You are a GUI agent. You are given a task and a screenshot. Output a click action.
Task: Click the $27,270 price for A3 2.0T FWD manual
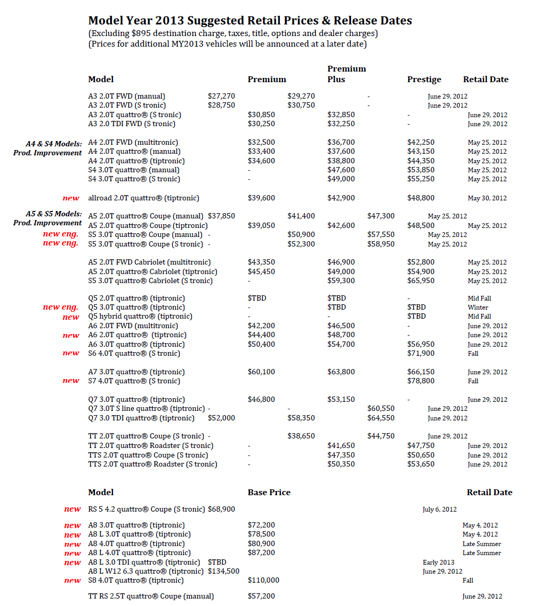click(221, 96)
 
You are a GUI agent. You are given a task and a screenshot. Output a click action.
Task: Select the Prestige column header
click(424, 80)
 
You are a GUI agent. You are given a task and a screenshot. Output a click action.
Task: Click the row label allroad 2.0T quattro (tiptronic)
click(144, 198)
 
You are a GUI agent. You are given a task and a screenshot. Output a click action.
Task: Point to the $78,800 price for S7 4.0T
click(421, 381)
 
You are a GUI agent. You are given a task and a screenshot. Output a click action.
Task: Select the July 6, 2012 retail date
click(439, 510)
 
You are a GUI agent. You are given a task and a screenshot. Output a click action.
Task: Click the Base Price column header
click(269, 493)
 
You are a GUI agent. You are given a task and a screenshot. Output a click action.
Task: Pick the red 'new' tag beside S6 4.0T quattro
click(71, 353)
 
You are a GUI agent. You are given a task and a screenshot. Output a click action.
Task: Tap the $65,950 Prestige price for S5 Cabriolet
click(421, 281)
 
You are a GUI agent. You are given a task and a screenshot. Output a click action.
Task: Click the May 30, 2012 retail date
click(487, 198)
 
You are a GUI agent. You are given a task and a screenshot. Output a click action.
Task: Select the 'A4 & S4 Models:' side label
click(54, 144)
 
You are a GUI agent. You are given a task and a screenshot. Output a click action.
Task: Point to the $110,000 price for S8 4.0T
click(263, 581)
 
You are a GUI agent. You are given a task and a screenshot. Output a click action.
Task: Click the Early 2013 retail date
click(438, 563)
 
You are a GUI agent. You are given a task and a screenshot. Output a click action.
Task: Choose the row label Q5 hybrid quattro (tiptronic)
click(140, 317)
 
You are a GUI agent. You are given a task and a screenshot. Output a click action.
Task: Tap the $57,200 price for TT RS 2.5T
click(261, 596)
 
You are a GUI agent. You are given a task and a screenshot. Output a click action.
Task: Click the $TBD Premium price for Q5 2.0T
click(257, 298)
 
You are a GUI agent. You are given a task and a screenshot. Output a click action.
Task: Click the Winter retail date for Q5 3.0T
click(478, 308)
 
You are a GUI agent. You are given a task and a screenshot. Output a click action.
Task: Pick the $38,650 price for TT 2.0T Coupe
click(301, 436)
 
